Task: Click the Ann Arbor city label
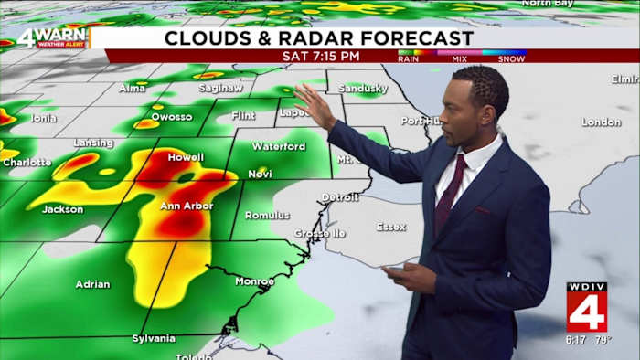(x=187, y=206)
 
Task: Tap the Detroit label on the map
(x=340, y=196)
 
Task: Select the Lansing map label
(x=93, y=143)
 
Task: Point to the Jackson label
(x=62, y=209)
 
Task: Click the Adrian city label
(x=92, y=283)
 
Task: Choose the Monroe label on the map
(x=254, y=281)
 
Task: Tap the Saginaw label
(x=222, y=89)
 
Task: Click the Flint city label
(x=243, y=116)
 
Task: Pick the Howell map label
(x=186, y=157)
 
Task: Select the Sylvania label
(x=154, y=338)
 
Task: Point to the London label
(x=601, y=122)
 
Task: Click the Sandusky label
(x=363, y=89)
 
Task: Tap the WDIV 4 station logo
(x=586, y=307)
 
